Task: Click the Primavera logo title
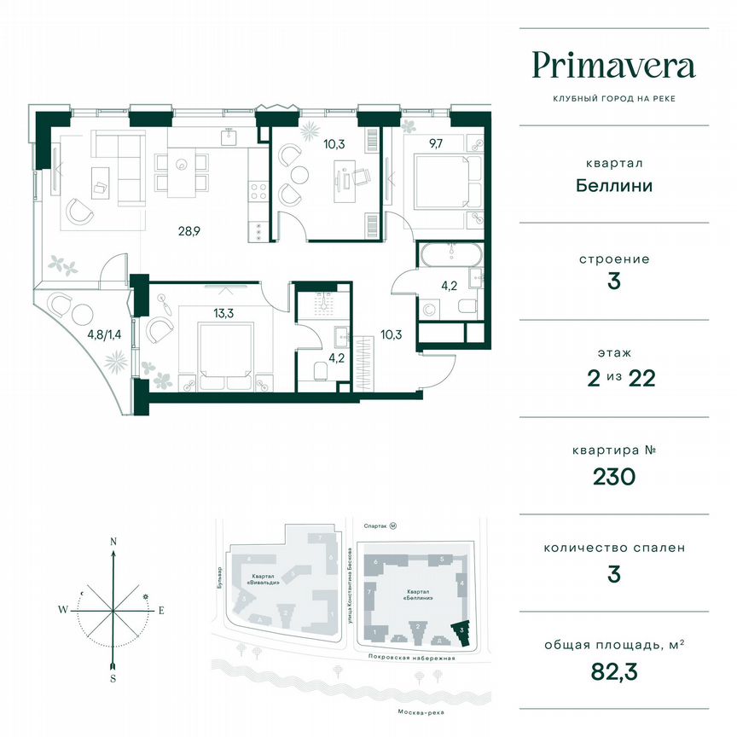pyautogui.click(x=613, y=66)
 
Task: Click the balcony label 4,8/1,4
pyautogui.click(x=104, y=334)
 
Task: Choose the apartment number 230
pyautogui.click(x=613, y=476)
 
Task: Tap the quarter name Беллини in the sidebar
pyautogui.click(x=613, y=185)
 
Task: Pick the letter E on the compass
pyautogui.click(x=160, y=610)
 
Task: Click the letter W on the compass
pyautogui.click(x=63, y=610)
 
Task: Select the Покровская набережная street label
pyautogui.click(x=409, y=658)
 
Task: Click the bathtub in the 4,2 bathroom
pyautogui.click(x=450, y=254)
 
